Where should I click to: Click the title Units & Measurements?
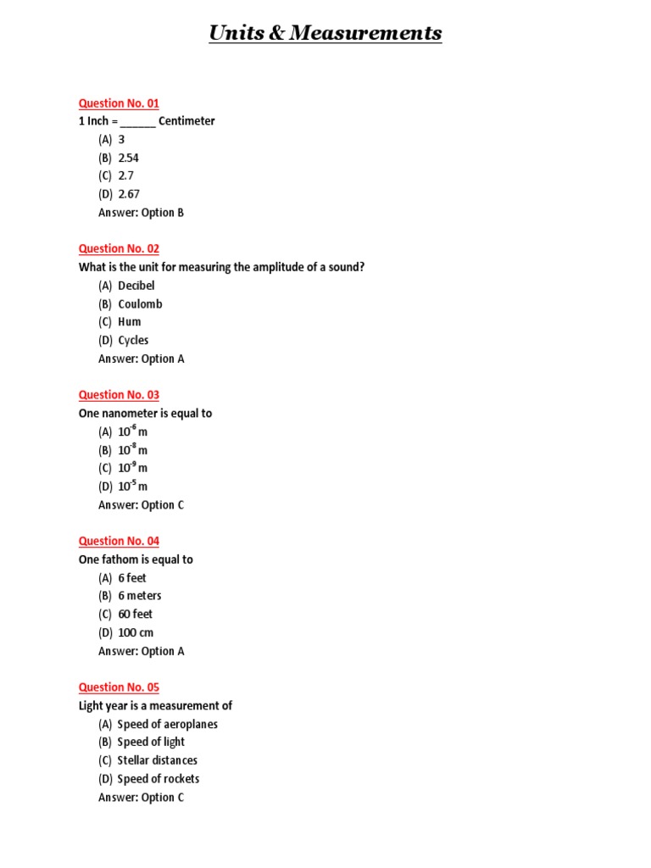coord(325,33)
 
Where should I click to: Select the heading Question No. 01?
coord(119,103)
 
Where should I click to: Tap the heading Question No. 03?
coord(119,395)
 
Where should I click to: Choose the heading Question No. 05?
coord(119,687)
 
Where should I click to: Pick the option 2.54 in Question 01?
coord(128,158)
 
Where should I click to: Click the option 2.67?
coord(128,194)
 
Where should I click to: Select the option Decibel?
coord(136,286)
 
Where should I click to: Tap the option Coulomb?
coord(140,303)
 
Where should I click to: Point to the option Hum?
coord(130,322)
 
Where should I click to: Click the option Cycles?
coord(133,341)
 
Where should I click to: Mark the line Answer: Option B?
coord(141,213)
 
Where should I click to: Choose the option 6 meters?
coord(140,596)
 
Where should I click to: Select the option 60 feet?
coord(136,615)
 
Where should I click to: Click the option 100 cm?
coord(136,633)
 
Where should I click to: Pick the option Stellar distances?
coord(157,760)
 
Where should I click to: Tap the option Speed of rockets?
coord(158,779)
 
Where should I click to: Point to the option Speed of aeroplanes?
coord(167,725)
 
